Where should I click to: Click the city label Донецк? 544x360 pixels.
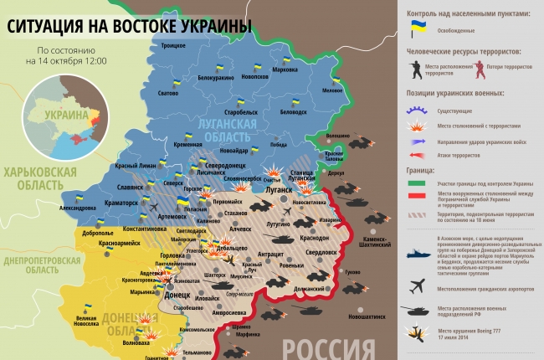coord(177,295)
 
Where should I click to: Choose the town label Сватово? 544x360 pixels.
coord(168,93)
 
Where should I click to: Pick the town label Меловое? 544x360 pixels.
coord(332,90)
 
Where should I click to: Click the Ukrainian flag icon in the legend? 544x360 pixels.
coord(413,28)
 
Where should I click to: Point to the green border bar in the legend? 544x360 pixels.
coord(413,182)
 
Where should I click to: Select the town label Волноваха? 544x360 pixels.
coord(136,342)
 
